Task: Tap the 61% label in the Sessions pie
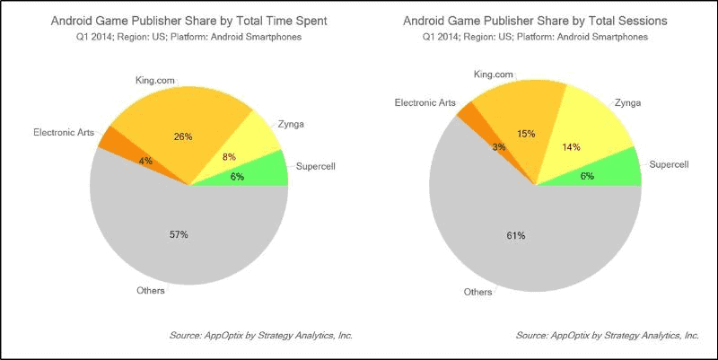515,235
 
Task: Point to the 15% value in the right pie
525,134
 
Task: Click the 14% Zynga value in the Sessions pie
572,146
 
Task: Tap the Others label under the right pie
477,292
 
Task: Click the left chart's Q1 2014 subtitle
188,37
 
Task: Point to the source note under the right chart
608,335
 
